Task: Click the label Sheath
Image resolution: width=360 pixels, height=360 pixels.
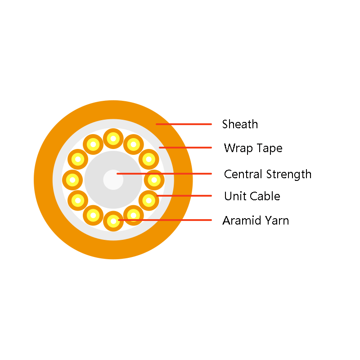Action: [x=240, y=124]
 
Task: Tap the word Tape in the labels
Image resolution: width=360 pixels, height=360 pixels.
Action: [x=270, y=148]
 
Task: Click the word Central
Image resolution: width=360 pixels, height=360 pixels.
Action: [x=243, y=174]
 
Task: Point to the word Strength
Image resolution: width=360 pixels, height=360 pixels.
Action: [x=289, y=175]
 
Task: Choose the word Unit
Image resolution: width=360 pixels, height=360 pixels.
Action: [x=235, y=196]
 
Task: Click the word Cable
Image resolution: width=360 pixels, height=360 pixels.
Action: [x=265, y=196]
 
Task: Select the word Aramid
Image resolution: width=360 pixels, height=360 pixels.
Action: [x=242, y=220]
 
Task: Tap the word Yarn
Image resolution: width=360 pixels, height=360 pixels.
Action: [x=277, y=220]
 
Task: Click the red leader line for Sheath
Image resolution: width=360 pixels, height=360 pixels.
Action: [x=184, y=124]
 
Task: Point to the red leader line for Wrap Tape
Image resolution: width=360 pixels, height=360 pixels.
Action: [x=185, y=148]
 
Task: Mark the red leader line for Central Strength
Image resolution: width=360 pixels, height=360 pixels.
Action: [x=164, y=174]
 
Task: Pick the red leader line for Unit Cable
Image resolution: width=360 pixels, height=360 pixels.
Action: [x=184, y=196]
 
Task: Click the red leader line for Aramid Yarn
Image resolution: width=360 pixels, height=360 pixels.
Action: [x=165, y=220]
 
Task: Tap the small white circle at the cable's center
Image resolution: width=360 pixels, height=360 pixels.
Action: [x=113, y=180]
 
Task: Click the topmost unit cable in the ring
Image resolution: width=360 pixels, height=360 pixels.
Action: [x=113, y=139]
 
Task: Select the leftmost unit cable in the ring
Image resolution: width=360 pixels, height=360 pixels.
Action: [x=72, y=180]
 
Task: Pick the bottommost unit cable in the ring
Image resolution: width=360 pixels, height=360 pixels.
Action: [x=113, y=221]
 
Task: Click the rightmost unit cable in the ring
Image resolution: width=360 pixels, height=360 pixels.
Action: [x=154, y=180]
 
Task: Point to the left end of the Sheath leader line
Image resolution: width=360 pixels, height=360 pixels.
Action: [x=156, y=124]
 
